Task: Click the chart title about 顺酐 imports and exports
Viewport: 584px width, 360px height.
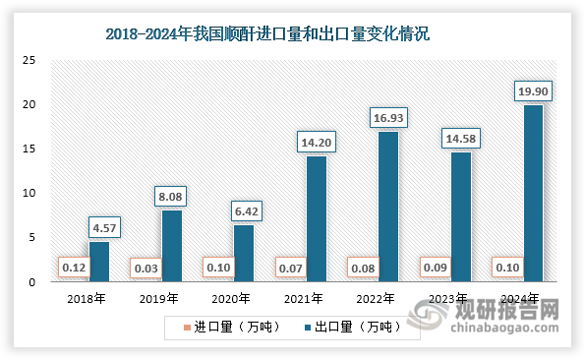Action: (267, 34)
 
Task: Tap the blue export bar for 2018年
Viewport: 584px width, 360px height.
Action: (99, 262)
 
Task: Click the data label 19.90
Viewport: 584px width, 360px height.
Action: (532, 91)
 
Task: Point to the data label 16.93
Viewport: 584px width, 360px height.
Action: (388, 118)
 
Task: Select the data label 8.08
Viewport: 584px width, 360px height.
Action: (171, 197)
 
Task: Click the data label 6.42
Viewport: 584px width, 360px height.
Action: (244, 211)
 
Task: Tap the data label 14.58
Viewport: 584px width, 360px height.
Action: (460, 139)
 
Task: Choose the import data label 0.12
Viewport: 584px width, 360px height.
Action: (71, 267)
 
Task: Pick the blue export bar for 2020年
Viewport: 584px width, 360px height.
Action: (244, 254)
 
